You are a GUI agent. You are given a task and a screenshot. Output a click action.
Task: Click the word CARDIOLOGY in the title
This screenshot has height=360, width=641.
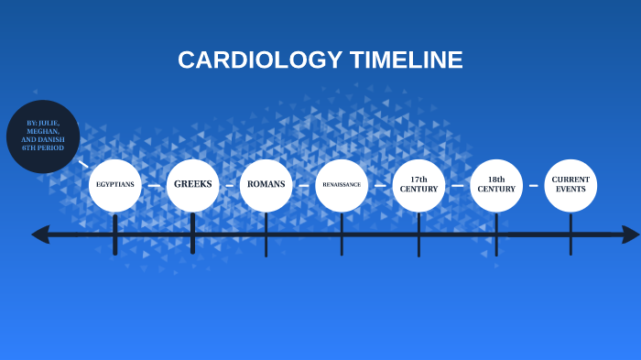[x=259, y=60]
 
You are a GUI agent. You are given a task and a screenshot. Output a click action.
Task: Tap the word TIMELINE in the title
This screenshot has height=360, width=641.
[x=406, y=60]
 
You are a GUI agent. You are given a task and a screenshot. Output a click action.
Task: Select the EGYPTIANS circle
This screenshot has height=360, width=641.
[x=115, y=185]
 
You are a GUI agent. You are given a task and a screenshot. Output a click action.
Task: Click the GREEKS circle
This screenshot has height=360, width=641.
[x=192, y=184]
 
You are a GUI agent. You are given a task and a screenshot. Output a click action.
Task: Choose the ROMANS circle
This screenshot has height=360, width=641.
[x=266, y=184]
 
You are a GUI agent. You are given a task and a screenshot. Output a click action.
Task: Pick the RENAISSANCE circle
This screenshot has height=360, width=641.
[x=342, y=185]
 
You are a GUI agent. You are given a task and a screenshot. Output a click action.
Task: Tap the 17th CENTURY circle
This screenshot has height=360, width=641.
[x=418, y=184]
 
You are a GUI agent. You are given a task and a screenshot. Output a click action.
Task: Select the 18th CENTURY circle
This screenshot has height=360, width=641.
[x=496, y=184]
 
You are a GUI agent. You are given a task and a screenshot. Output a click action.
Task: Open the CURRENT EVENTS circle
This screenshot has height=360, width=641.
[x=570, y=184]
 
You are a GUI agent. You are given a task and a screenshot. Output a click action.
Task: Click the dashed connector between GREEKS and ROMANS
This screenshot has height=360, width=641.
[x=229, y=185]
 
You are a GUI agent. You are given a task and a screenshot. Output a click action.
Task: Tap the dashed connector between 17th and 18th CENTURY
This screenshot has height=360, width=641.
[x=458, y=185]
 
